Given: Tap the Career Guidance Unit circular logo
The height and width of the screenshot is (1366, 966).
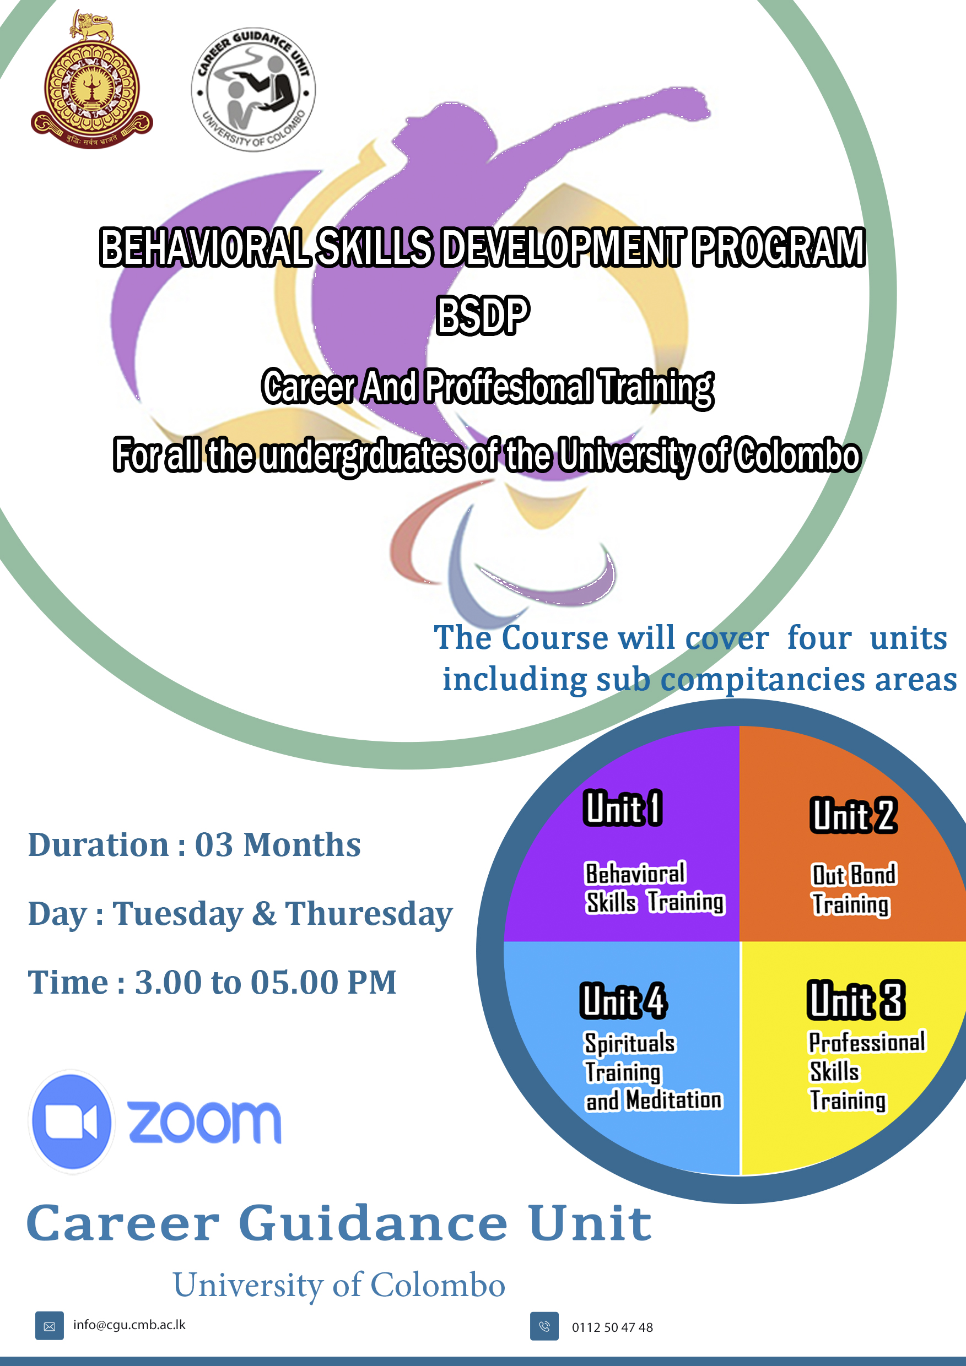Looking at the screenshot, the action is click(x=253, y=90).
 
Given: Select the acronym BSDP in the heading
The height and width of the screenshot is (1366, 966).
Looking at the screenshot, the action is click(x=482, y=315).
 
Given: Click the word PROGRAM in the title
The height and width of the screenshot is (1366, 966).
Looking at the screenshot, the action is click(x=779, y=247).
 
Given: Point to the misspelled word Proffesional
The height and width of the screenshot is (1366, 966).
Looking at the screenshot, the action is click(x=509, y=387).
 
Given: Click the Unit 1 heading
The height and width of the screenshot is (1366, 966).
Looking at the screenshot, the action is click(x=623, y=809).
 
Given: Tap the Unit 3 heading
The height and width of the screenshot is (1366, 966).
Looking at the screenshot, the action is click(x=856, y=1000).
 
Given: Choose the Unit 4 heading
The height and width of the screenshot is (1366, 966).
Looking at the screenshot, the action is click(x=623, y=1001).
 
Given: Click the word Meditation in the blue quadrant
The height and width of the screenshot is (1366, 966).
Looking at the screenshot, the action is click(x=674, y=1101).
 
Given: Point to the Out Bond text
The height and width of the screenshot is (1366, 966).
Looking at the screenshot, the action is click(x=854, y=875).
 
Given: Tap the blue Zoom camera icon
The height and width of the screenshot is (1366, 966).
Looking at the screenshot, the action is click(x=72, y=1122).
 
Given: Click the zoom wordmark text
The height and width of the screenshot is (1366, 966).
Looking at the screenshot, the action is click(x=204, y=1122).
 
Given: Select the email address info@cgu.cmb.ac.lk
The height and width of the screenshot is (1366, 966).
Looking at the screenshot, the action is click(x=129, y=1325).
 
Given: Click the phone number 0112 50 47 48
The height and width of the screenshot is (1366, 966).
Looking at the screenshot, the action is click(x=612, y=1327).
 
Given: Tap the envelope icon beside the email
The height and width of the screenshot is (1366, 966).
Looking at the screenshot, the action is click(x=50, y=1326).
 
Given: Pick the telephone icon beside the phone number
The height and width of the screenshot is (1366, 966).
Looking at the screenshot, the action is click(x=544, y=1326).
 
